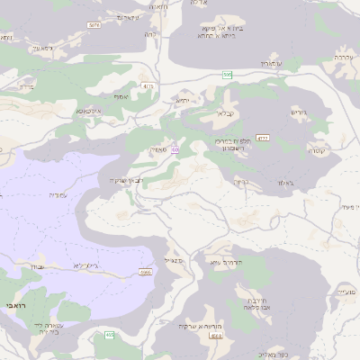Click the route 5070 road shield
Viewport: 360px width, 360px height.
(x=94, y=25)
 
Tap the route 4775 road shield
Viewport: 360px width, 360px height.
(x=148, y=86)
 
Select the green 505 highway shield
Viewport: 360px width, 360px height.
(x=229, y=75)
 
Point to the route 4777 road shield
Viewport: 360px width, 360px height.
(x=263, y=139)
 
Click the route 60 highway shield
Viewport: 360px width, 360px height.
(x=175, y=148)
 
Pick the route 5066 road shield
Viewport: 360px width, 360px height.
(x=145, y=271)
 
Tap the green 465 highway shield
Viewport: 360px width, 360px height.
(x=109, y=335)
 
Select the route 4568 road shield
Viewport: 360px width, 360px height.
(x=215, y=336)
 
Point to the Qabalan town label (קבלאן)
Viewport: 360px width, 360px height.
(x=225, y=114)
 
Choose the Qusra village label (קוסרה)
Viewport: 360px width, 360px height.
(x=318, y=150)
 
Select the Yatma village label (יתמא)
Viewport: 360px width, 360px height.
(x=184, y=102)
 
